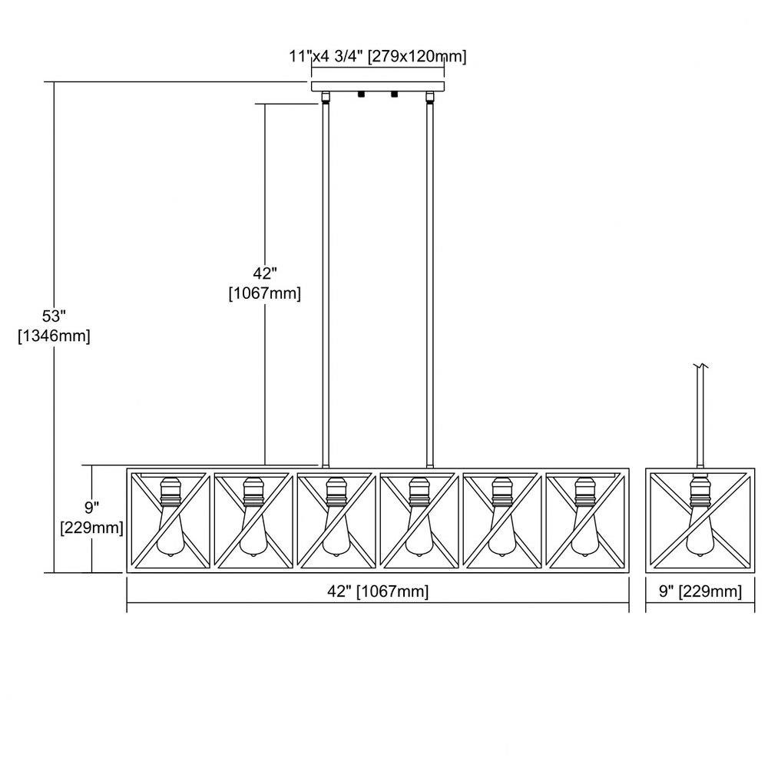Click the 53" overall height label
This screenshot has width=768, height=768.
tap(54, 316)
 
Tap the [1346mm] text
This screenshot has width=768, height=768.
tap(54, 336)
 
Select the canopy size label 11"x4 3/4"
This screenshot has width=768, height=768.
tap(325, 56)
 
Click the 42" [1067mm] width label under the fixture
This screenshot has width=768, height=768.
tap(378, 591)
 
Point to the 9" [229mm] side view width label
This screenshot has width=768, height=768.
tap(700, 591)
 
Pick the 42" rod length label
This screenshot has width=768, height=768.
tap(265, 273)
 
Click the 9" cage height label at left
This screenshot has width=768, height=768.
tap(91, 508)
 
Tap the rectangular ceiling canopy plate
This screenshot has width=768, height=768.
tap(378, 86)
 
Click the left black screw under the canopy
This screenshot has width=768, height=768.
tap(362, 94)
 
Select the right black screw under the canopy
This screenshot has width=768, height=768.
tap(394, 94)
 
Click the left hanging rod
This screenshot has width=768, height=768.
tap(325, 284)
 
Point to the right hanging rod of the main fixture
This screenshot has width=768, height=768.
tap(430, 284)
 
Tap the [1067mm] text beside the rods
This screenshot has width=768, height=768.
tap(265, 293)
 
